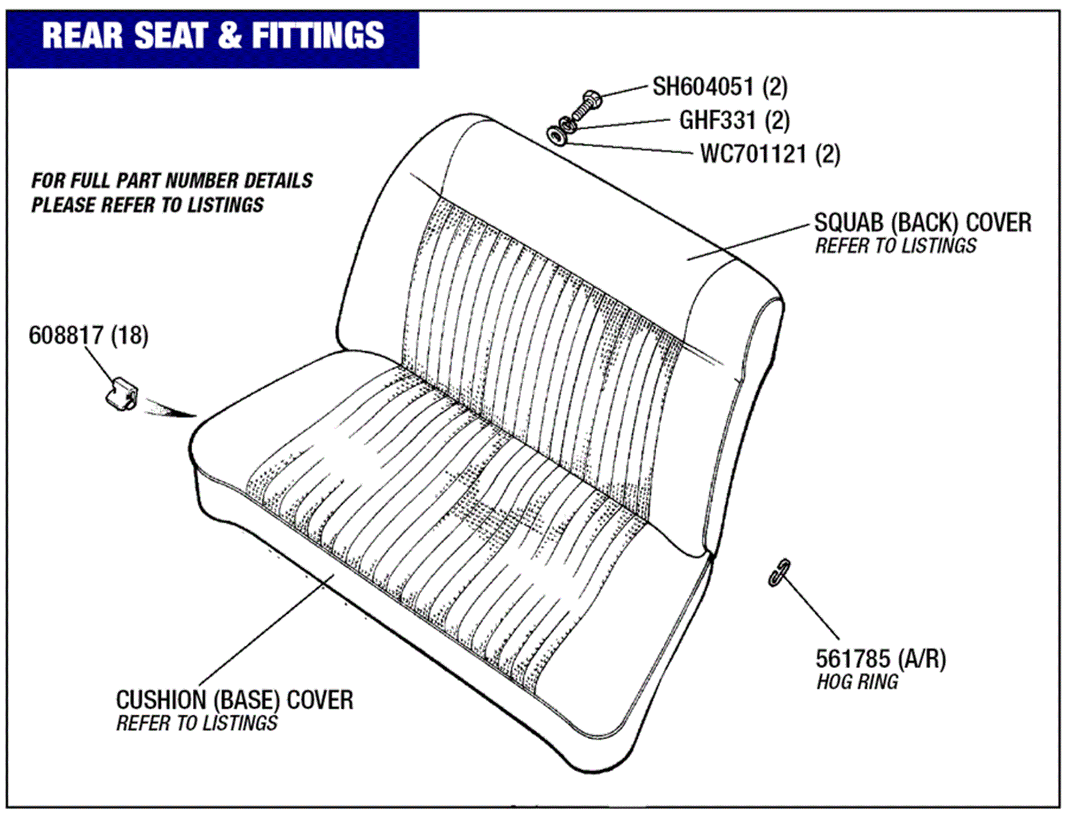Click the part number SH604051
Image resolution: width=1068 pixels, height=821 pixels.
702,87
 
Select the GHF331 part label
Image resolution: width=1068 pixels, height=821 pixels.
717,121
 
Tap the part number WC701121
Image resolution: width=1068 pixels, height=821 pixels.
753,154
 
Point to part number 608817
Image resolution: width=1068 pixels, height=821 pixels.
66,336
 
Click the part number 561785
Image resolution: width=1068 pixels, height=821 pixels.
853,659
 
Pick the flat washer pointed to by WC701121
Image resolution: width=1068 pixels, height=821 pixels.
557,135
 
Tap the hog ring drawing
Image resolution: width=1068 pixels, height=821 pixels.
779,573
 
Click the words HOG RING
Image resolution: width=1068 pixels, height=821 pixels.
857,683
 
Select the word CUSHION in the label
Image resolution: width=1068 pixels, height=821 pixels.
161,700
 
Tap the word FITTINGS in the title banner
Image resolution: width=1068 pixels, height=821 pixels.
318,36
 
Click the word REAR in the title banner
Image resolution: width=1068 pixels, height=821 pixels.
83,36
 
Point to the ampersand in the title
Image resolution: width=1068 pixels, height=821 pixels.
230,36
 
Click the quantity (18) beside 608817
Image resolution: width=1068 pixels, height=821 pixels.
130,336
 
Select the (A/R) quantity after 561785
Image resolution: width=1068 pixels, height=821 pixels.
922,659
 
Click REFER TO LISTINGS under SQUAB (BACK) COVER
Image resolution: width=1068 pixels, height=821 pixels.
896,246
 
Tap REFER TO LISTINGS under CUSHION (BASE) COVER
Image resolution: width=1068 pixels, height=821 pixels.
197,723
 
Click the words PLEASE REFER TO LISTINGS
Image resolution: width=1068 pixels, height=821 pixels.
147,205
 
